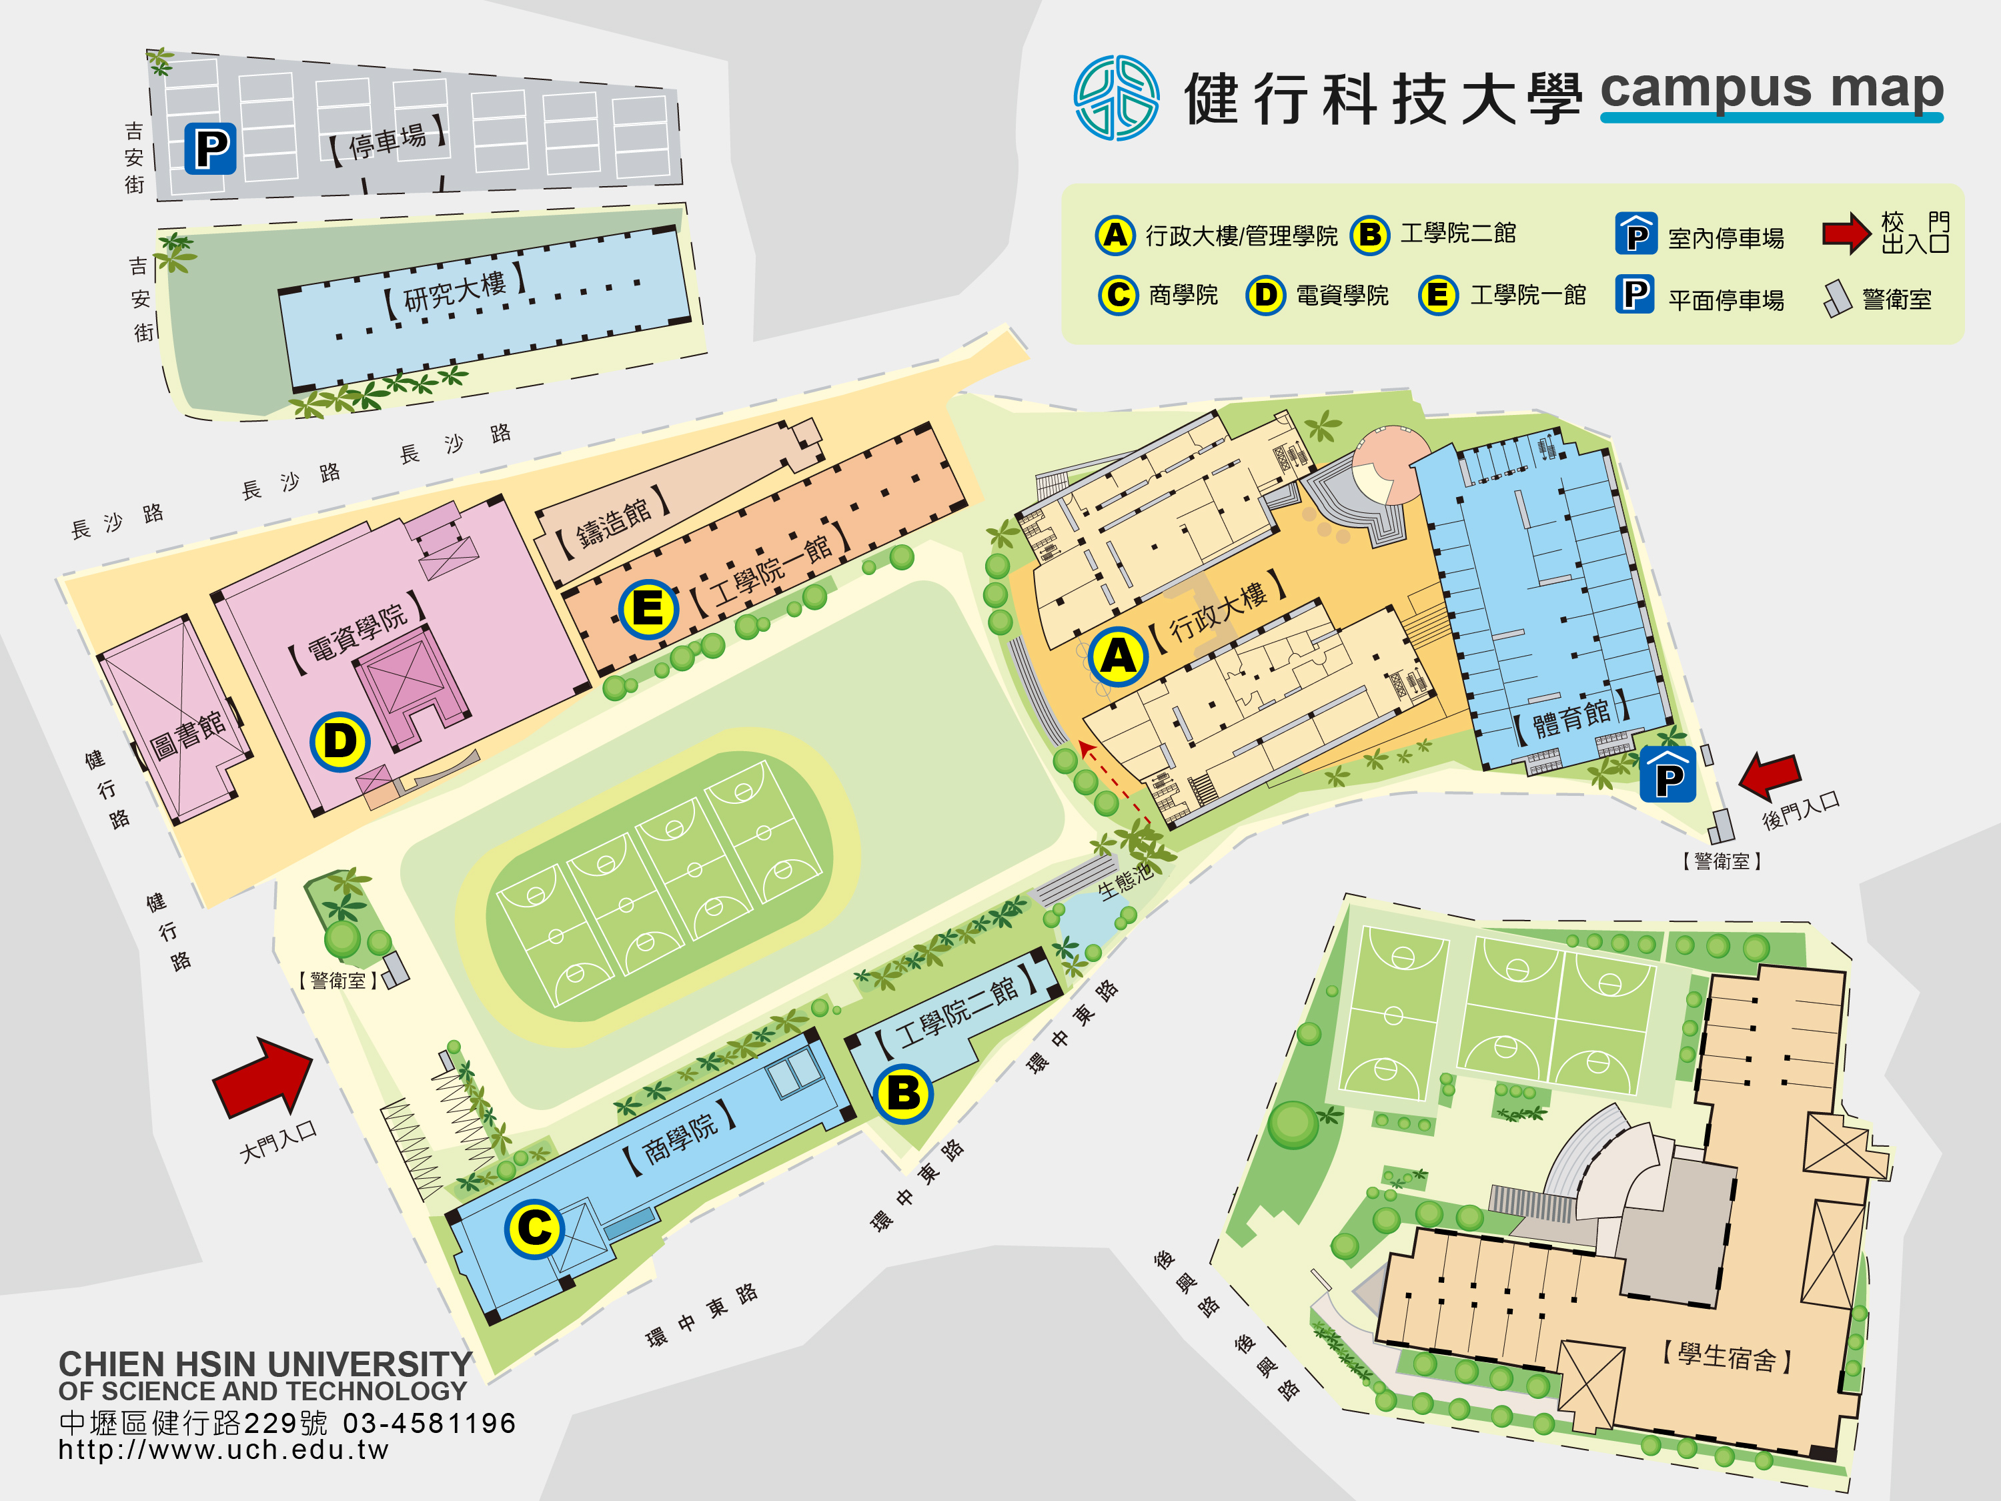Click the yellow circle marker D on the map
pos(340,742)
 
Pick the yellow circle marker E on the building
pos(648,609)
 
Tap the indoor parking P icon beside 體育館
pos(1668,775)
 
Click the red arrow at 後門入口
pos(1770,777)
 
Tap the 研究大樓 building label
pos(454,292)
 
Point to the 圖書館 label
pos(188,734)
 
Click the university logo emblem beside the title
pos(1117,97)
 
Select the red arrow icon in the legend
pos(1846,233)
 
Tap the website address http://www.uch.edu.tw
pos(223,1450)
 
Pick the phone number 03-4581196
pos(429,1423)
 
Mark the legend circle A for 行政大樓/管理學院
pos(1115,235)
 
